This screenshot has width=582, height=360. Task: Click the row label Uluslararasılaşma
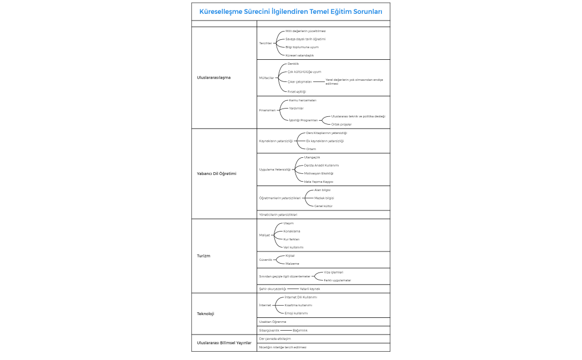(214, 78)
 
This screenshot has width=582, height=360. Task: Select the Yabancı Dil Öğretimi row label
(217, 173)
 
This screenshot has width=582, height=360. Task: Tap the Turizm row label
(203, 256)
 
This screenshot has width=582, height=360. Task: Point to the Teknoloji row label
(206, 313)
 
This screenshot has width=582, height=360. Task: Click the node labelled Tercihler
(266, 43)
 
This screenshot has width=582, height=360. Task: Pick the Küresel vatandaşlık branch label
(299, 55)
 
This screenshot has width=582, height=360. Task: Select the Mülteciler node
(267, 78)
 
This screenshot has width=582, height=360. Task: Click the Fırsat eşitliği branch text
(297, 91)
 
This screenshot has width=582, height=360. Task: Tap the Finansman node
(267, 110)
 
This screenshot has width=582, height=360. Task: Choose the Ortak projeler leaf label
(341, 125)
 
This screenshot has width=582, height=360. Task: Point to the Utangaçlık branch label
(312, 157)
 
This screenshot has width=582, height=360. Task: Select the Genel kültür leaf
(323, 206)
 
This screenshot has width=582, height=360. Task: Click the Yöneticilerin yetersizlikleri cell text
(278, 214)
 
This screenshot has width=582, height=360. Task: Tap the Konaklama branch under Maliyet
(292, 231)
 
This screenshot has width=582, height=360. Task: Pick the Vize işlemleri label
(333, 272)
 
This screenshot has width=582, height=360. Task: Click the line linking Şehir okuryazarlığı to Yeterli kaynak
(293, 289)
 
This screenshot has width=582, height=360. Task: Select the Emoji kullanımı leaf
(296, 313)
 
